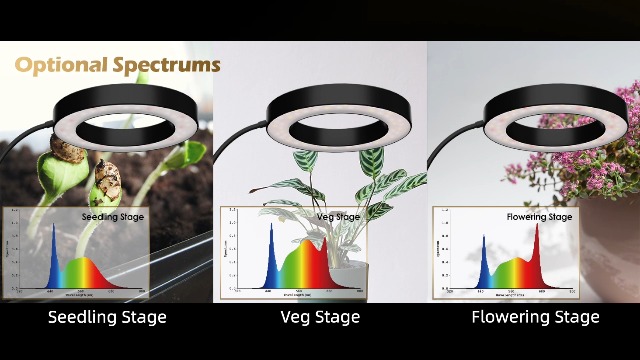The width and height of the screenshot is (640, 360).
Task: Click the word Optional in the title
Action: [62, 66]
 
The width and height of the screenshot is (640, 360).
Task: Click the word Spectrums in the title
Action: [166, 66]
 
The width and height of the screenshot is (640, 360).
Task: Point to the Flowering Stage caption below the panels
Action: [535, 318]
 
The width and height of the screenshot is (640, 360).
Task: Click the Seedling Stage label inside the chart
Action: [112, 216]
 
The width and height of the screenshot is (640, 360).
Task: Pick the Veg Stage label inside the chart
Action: [338, 217]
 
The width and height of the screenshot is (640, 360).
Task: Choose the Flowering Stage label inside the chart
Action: [539, 217]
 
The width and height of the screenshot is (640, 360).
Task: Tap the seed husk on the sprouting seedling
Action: [106, 180]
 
